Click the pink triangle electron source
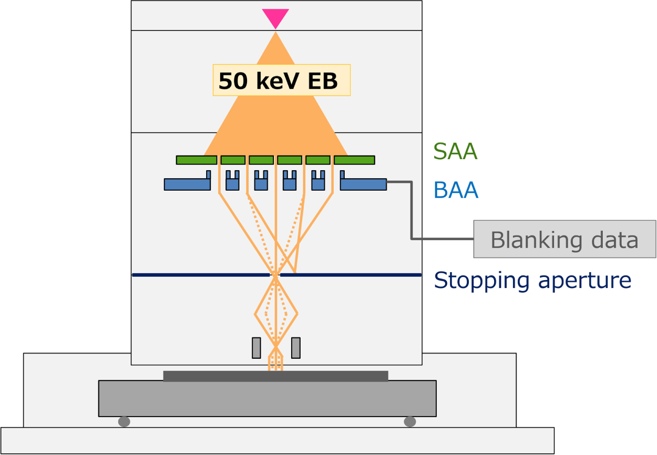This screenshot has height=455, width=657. (x=275, y=17)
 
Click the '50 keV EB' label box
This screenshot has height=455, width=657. (x=281, y=80)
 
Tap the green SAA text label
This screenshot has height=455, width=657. (x=455, y=152)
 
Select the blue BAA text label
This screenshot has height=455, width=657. (x=455, y=190)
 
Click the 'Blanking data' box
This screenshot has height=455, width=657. (x=564, y=240)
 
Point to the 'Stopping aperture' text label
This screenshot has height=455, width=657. (x=532, y=281)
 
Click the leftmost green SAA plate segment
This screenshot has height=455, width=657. (x=197, y=160)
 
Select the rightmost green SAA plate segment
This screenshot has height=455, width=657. (x=354, y=160)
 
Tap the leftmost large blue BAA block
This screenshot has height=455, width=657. (x=187, y=184)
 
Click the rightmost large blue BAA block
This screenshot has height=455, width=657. (x=363, y=184)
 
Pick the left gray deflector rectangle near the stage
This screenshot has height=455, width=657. (x=256, y=348)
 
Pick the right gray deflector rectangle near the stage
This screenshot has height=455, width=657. (x=296, y=348)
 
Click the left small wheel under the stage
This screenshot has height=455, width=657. (x=124, y=422)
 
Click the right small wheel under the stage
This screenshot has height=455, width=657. (x=410, y=422)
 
